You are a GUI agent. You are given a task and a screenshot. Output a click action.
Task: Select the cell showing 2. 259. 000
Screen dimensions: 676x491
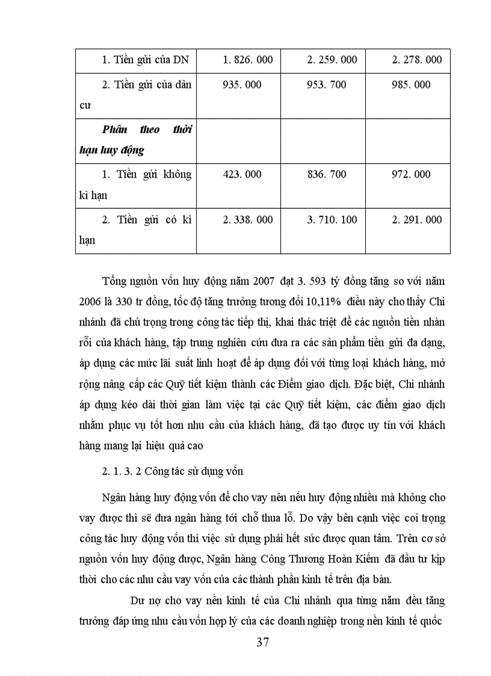click(x=332, y=60)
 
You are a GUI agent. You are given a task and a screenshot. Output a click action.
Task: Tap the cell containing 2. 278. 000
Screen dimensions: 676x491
click(x=416, y=60)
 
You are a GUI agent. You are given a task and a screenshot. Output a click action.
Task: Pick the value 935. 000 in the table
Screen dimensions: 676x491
click(x=242, y=85)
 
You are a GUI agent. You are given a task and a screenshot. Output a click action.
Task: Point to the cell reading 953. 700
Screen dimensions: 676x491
click(x=327, y=85)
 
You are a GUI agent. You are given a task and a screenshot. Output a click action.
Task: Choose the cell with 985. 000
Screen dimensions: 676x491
click(x=412, y=85)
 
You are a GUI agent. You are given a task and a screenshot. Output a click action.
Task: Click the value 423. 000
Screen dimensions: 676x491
click(x=242, y=175)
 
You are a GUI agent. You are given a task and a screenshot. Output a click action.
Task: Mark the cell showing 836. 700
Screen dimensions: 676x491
click(x=327, y=175)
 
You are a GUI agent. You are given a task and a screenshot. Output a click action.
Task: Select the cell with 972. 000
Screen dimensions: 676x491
click(x=412, y=175)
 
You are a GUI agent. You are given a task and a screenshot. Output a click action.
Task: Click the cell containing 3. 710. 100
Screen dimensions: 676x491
click(x=332, y=220)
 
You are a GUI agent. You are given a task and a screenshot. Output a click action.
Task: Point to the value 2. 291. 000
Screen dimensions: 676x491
click(x=416, y=220)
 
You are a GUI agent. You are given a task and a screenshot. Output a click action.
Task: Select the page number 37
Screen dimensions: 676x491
click(x=262, y=642)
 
